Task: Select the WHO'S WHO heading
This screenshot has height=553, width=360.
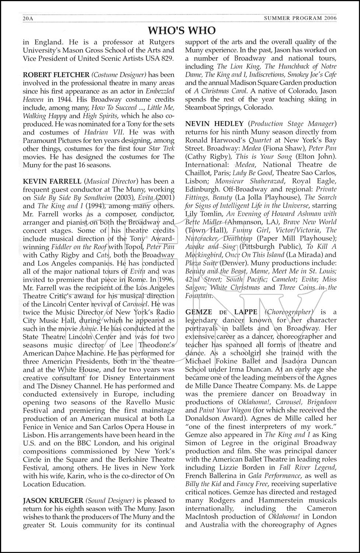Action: (x=181, y=29)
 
